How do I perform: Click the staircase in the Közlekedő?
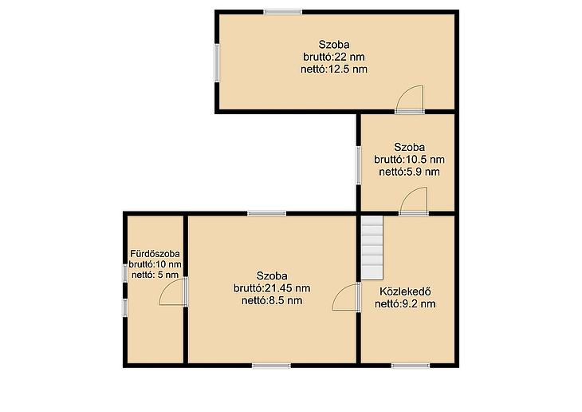point(372,248)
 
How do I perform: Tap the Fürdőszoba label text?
point(155,254)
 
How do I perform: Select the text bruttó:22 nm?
point(334,57)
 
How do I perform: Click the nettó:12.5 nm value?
point(334,69)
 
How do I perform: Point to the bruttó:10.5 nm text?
point(410,160)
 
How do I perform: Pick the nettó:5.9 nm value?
point(410,172)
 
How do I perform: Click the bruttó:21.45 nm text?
point(272,288)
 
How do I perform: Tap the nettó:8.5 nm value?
point(272,300)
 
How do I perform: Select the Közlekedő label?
point(405,291)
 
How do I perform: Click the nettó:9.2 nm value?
point(405,303)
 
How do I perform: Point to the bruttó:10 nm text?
point(155,264)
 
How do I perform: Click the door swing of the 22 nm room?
point(410,98)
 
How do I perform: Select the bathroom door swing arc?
point(172,292)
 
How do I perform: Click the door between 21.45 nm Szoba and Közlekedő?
point(345,297)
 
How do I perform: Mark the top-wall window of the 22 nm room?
point(283,12)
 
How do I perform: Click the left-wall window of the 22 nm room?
point(217,63)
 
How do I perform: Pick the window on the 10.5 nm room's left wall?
point(359,165)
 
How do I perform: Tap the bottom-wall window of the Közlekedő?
point(411,366)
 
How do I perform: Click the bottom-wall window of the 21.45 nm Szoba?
point(271,366)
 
